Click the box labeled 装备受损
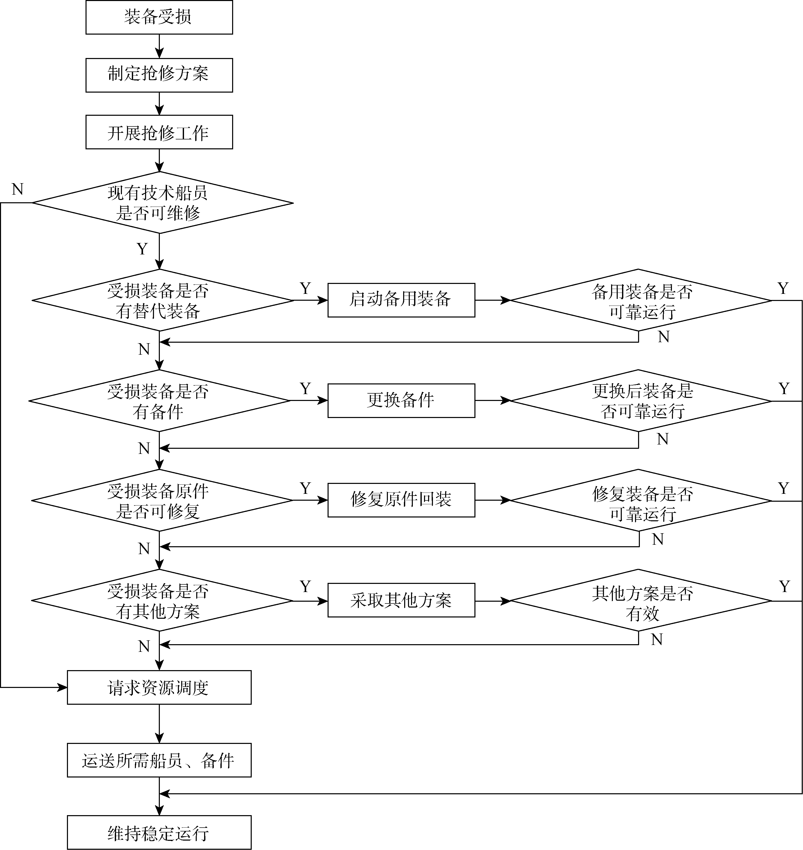click(x=159, y=17)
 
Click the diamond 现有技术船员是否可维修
click(x=162, y=203)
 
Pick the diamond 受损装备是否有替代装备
click(x=162, y=300)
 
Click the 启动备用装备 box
click(x=401, y=300)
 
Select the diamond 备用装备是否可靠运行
click(x=641, y=300)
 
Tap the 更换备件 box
click(x=401, y=401)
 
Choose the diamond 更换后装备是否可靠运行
click(x=641, y=401)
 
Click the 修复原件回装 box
click(x=401, y=500)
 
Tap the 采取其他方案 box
click(x=401, y=600)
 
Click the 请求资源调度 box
click(x=159, y=687)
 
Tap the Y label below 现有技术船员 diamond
click(x=142, y=249)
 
